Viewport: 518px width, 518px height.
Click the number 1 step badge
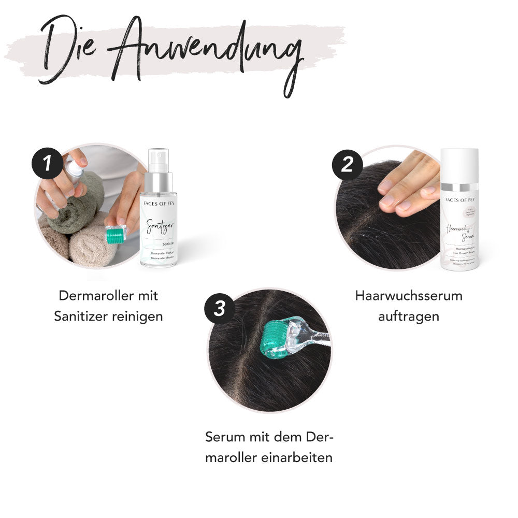47,163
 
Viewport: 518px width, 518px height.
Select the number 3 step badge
220,308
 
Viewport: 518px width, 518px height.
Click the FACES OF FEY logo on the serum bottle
459,198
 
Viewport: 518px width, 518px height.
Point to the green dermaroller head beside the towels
117,235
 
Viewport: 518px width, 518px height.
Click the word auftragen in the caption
409,315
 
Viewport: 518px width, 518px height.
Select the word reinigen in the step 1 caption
137,315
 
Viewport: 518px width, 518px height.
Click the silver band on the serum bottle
459,185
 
